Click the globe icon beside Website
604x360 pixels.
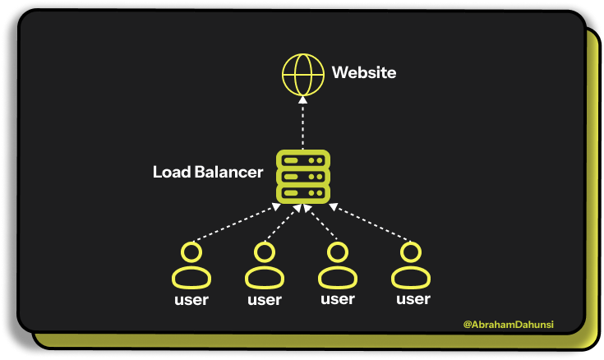(x=302, y=73)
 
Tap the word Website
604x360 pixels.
(x=364, y=73)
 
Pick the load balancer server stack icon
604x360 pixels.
(x=302, y=176)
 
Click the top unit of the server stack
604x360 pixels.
(x=302, y=159)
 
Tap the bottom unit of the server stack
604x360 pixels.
(x=302, y=193)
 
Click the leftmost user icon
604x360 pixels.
(x=191, y=266)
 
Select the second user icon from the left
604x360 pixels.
(x=264, y=266)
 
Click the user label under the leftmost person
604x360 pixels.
(x=191, y=300)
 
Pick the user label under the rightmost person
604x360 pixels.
(x=413, y=299)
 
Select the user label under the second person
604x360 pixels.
(x=264, y=300)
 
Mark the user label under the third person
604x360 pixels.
(x=337, y=299)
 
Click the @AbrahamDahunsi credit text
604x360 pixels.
(x=508, y=325)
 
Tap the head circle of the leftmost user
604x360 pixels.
(x=191, y=252)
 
